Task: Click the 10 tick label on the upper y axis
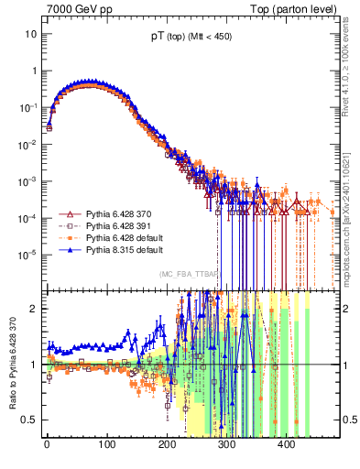(x=30, y=34)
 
